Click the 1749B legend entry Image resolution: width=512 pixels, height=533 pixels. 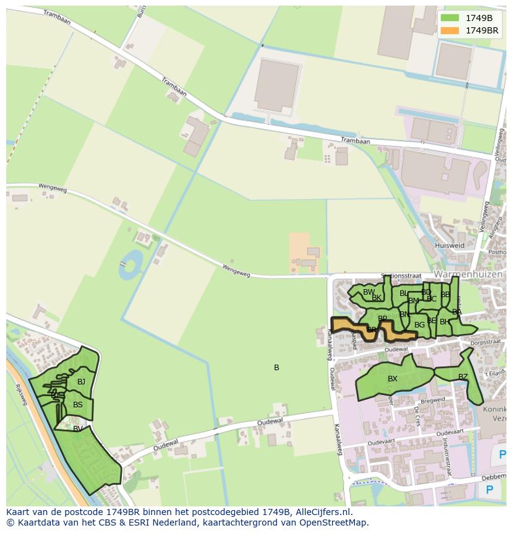479,17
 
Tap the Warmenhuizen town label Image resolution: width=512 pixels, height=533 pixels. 469,273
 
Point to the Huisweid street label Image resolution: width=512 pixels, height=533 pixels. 450,245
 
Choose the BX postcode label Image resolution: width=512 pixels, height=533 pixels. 393,379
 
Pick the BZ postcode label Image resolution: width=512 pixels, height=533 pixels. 463,377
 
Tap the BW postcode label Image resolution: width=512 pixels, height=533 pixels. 369,292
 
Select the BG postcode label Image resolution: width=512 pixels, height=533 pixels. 419,325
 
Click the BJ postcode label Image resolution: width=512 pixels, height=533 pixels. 81,382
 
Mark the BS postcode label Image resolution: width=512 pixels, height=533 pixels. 78,405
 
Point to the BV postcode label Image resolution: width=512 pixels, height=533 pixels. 78,428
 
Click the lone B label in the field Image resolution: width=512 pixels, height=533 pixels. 276,368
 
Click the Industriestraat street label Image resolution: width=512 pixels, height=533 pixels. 445,451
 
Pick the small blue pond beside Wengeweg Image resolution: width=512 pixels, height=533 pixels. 130,265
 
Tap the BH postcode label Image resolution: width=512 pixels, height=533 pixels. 445,322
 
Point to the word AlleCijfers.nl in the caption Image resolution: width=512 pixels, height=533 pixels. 322,513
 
